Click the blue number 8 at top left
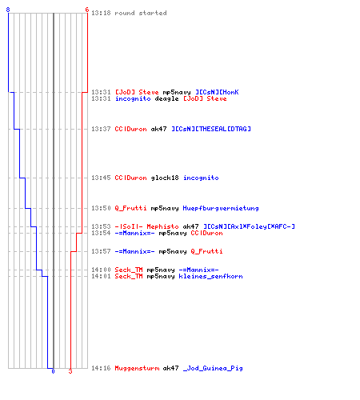click(x=8, y=10)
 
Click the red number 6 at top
click(x=87, y=10)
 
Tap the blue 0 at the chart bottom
click(x=53, y=371)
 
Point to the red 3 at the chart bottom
click(x=70, y=371)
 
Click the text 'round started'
click(x=141, y=13)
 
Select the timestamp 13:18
click(x=101, y=13)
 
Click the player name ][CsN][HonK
click(x=217, y=92)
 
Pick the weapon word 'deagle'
click(x=166, y=99)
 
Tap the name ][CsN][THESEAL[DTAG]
click(x=211, y=129)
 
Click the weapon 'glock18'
click(x=165, y=178)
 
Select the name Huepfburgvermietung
click(x=221, y=208)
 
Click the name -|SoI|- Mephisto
click(x=146, y=226)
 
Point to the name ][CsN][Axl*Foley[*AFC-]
click(x=249, y=226)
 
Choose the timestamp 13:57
click(x=101, y=251)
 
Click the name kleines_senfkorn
click(x=210, y=276)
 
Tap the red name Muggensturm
click(x=137, y=368)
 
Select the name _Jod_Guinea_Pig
click(x=213, y=368)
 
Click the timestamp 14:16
click(x=101, y=368)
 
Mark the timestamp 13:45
click(x=101, y=178)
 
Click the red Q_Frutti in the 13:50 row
click(x=130, y=208)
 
